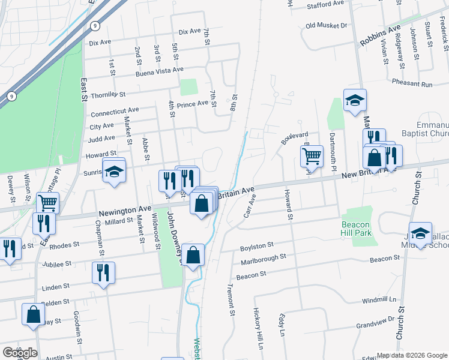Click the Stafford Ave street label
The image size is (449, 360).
(325, 5)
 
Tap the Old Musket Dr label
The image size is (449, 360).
(327, 26)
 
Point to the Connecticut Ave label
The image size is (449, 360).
(115, 112)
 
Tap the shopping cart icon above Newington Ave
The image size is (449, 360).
(47, 202)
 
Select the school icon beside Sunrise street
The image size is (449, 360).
(113, 172)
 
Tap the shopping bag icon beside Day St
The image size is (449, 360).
(34, 314)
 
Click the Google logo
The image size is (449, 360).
(19, 353)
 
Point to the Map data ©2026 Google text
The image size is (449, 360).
(411, 355)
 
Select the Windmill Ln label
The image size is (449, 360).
(379, 299)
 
